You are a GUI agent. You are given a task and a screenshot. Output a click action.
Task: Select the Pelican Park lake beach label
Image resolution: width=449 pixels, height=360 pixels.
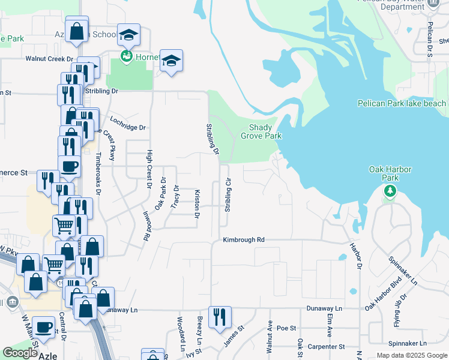pos(402,103)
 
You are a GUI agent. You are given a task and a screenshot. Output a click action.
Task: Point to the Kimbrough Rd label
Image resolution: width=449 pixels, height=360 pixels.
pos(244,239)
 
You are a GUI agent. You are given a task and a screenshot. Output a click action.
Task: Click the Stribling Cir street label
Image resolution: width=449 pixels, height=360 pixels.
pos(228,195)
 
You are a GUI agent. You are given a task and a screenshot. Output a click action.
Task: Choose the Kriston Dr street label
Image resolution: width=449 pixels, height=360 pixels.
pos(197,205)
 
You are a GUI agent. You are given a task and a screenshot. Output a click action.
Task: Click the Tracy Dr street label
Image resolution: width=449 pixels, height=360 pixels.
pos(175,197)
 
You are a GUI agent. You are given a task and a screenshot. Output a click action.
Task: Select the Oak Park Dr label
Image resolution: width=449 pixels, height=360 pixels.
pos(160,197)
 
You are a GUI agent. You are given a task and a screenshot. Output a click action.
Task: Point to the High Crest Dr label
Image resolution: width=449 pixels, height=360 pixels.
pos(149,169)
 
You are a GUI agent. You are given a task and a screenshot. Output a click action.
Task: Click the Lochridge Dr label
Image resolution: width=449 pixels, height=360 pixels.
pos(127,127)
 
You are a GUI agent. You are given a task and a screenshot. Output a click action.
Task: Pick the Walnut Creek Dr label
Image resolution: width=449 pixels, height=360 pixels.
pos(49,59)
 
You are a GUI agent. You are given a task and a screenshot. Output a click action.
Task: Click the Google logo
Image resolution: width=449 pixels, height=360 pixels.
pos(20,353)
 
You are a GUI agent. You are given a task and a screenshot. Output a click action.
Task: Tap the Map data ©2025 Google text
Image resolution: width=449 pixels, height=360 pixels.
pos(411,355)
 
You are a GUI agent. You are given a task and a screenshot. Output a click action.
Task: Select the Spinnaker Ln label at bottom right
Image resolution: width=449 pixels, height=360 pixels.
pos(407,343)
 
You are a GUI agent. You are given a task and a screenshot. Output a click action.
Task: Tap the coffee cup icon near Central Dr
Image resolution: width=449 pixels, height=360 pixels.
pos(44,328)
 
